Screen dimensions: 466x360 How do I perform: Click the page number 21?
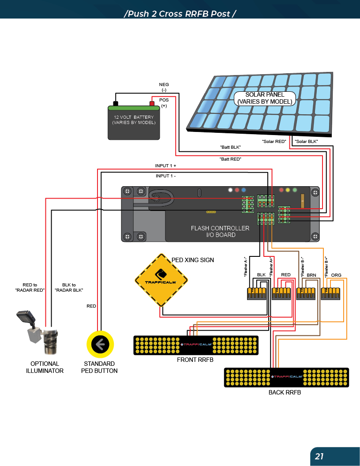tap(319, 456)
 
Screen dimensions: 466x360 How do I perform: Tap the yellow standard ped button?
tap(100, 344)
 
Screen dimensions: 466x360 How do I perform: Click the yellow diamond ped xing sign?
tap(161, 280)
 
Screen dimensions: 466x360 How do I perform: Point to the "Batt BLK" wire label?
tap(230, 147)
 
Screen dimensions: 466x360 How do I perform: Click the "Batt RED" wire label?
tap(230, 158)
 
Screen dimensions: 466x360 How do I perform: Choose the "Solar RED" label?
tap(274, 141)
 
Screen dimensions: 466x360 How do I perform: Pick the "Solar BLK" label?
tap(306, 141)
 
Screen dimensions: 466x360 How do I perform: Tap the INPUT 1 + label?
tap(165, 165)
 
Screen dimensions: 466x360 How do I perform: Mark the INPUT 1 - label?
tap(165, 176)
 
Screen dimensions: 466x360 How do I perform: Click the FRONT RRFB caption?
tap(195, 360)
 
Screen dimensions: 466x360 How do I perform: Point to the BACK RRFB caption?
tap(285, 392)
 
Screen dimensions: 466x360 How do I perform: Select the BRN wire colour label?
tap(311, 275)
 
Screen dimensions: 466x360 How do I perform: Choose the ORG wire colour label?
tap(336, 275)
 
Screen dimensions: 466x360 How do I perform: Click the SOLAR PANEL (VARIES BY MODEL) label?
tap(265, 98)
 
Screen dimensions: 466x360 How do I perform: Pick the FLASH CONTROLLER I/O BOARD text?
tap(220, 231)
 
